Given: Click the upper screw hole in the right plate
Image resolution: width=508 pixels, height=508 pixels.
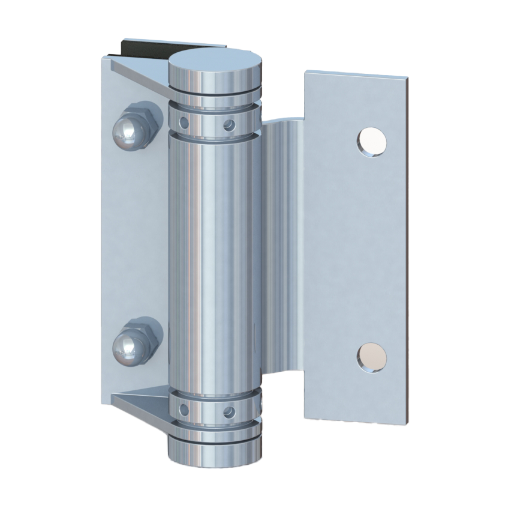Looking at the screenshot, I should (371, 142).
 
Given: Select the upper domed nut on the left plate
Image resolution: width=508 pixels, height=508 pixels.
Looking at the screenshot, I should (127, 132).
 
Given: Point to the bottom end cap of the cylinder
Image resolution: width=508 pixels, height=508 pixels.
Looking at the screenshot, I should (215, 453).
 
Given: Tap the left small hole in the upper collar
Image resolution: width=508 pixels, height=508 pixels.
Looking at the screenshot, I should (185, 124).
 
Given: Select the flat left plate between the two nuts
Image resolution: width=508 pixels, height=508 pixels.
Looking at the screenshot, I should (132, 240).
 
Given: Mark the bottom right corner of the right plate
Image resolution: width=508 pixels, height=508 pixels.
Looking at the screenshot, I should (405, 422).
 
